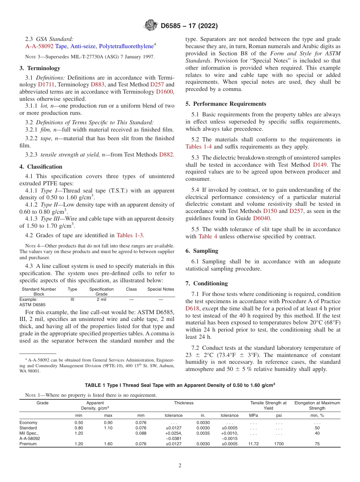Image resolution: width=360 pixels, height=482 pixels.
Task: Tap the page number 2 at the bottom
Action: [x=180, y=466]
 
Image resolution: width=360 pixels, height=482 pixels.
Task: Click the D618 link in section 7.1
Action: [x=193, y=308]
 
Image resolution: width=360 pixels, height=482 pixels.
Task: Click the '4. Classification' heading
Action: [x=41, y=167]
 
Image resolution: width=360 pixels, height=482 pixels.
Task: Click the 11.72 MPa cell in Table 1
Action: [x=253, y=444]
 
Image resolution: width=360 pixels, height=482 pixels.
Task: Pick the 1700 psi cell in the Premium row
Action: [x=279, y=444]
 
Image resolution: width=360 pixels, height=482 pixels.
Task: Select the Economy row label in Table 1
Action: [x=28, y=423]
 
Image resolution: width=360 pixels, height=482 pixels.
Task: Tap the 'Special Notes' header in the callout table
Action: [x=161, y=289]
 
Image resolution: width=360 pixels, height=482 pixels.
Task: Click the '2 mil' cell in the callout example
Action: [x=101, y=299]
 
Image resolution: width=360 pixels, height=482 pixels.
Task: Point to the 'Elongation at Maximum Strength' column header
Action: [x=317, y=405]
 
